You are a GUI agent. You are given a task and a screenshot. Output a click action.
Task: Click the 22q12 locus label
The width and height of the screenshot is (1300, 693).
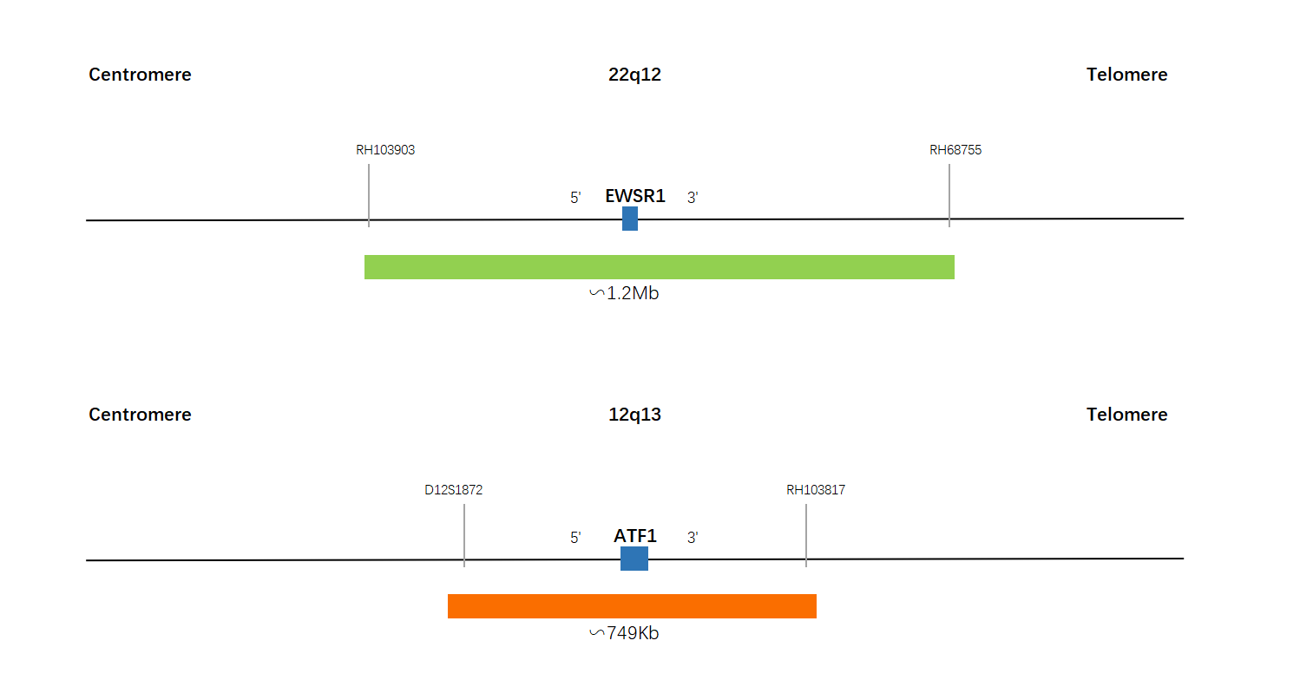click(634, 75)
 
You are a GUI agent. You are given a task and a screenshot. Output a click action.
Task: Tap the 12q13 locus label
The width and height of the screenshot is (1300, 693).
click(634, 415)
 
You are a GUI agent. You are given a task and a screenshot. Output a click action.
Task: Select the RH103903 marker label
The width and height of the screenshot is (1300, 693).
click(385, 150)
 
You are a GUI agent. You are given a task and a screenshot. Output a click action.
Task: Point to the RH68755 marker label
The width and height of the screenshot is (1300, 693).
click(955, 150)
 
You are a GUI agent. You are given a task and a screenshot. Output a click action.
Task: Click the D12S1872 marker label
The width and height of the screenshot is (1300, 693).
click(453, 490)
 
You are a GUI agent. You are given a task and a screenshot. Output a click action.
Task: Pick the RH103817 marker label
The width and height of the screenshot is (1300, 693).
click(816, 490)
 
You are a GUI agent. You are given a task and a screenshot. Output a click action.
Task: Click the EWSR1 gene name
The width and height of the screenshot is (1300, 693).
click(635, 196)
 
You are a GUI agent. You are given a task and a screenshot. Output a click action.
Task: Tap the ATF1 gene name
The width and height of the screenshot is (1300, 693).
click(635, 536)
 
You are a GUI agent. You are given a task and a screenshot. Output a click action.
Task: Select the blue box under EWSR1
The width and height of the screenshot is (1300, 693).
click(630, 219)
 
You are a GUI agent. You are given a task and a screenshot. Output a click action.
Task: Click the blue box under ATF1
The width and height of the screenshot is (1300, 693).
click(634, 559)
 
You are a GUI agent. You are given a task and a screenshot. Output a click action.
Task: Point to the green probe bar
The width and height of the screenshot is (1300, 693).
click(660, 267)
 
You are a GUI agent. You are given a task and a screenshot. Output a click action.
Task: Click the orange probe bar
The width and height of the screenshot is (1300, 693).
click(632, 606)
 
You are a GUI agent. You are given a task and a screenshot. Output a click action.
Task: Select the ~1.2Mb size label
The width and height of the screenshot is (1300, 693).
click(625, 293)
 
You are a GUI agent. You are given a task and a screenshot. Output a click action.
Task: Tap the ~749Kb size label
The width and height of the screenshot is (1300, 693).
click(625, 633)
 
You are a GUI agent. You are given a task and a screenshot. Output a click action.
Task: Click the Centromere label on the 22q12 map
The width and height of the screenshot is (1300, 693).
click(140, 75)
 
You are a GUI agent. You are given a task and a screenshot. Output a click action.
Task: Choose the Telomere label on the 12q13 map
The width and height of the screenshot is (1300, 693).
click(1127, 415)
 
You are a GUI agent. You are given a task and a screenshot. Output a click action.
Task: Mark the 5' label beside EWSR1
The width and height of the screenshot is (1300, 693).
click(575, 198)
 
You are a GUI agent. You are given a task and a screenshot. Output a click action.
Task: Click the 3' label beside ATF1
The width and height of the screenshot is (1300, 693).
click(693, 538)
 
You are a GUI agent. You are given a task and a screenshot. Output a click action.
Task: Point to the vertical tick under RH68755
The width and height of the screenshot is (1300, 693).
click(949, 195)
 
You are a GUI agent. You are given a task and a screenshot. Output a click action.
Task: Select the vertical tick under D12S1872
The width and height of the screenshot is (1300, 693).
click(464, 535)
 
